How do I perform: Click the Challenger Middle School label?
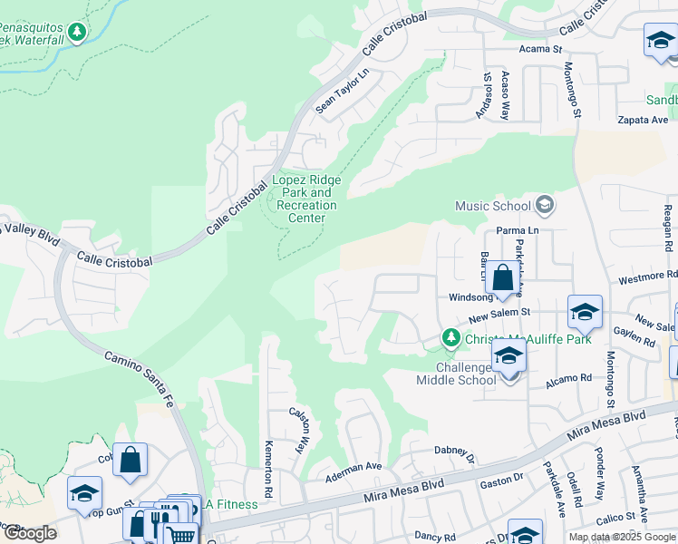[x=456, y=374]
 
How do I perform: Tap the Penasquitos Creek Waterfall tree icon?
[x=77, y=33]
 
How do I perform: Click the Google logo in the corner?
[x=29, y=533]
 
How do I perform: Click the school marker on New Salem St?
[x=586, y=312]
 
